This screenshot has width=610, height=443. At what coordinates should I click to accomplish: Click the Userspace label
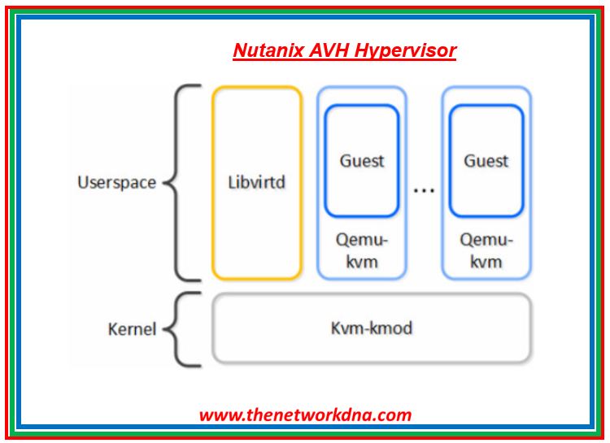[x=116, y=182]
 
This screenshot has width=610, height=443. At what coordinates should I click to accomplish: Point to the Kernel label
[x=132, y=329]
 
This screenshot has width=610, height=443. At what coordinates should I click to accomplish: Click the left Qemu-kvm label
[x=362, y=251]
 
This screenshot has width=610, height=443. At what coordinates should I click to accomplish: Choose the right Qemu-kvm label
[x=486, y=251]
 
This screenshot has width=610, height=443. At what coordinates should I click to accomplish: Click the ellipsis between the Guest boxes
[x=424, y=190]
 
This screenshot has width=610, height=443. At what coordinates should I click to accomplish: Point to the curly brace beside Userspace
[x=184, y=182]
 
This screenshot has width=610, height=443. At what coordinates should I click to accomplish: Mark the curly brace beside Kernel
[x=184, y=329]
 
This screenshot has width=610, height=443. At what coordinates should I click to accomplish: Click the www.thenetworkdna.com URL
[x=305, y=415]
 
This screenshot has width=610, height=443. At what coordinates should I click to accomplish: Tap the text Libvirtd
[x=257, y=181]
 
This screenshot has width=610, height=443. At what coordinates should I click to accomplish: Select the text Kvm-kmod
[x=371, y=328]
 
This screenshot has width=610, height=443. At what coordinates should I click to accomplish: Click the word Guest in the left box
[x=362, y=161]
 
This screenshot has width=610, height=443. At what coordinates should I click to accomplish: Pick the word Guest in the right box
[x=486, y=161]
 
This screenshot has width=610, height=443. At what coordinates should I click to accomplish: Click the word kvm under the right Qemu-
[x=486, y=263]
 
